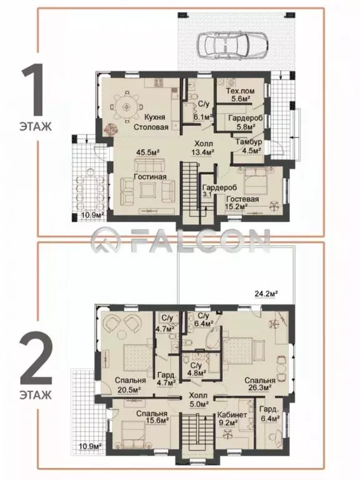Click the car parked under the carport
232,45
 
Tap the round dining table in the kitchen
126,107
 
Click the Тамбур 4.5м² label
249,146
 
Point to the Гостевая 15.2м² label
242,202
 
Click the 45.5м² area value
149,152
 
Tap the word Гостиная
150,177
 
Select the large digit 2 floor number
36,360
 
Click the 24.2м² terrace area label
266,294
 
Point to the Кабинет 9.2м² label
232,419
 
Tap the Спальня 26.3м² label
259,384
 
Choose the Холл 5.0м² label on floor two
198,399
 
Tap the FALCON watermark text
181,241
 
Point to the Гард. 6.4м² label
269,414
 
